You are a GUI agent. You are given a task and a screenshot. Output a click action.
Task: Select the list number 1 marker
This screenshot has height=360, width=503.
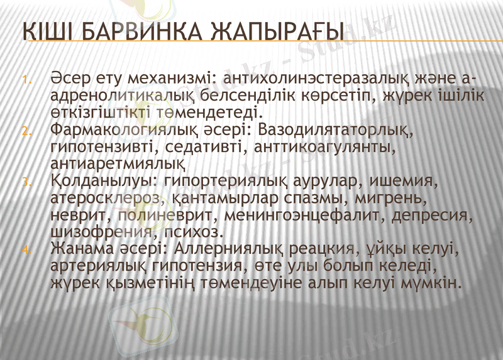click(x=26, y=80)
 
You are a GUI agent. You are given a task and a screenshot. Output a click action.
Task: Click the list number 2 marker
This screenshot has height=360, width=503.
click(x=26, y=131)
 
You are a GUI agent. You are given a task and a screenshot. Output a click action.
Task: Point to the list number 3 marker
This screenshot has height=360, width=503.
click(x=26, y=183)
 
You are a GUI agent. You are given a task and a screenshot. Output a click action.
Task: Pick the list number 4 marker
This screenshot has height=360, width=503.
click(x=26, y=251)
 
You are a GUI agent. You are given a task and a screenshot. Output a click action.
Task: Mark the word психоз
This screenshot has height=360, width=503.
click(x=200, y=232)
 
